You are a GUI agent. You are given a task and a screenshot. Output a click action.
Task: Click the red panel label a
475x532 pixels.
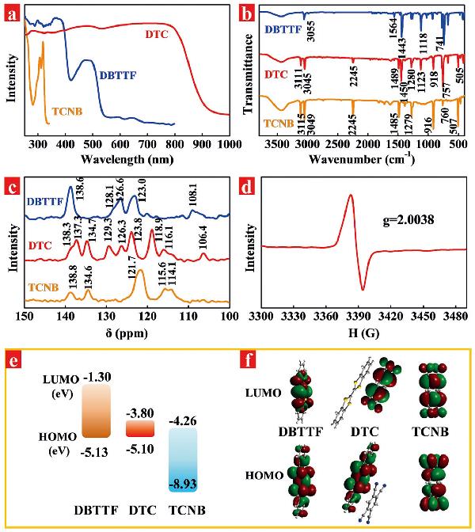tap(11, 12)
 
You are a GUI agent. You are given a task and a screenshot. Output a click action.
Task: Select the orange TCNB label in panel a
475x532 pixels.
tap(73, 111)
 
